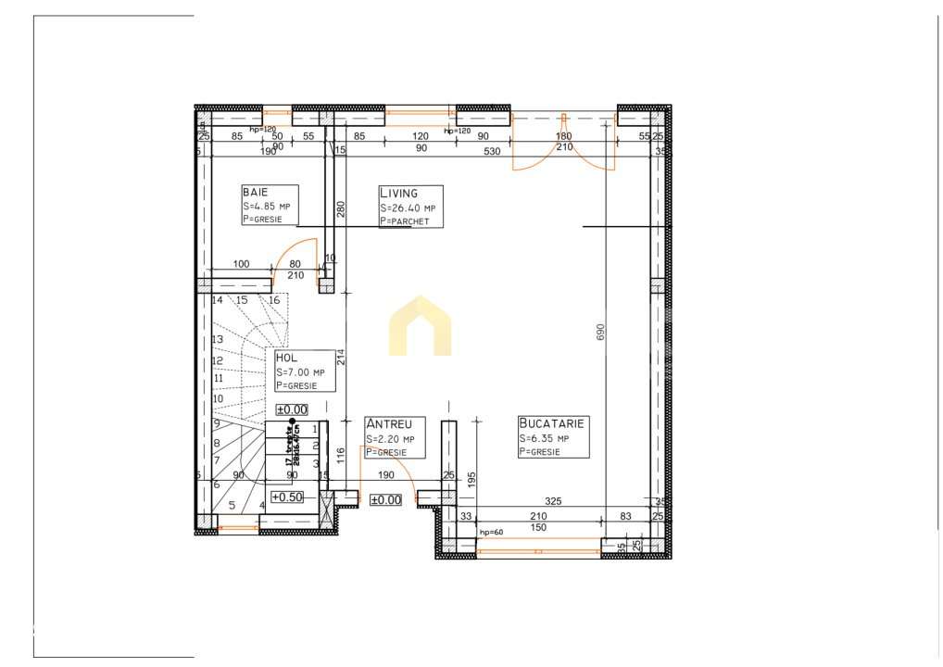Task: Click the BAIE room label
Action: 255,192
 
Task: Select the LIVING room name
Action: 398,193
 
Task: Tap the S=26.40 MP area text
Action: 407,208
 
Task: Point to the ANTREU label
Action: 388,424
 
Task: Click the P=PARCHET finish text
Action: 405,221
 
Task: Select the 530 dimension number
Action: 492,148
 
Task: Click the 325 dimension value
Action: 553,501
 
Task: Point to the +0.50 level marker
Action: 287,497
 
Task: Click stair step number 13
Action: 218,340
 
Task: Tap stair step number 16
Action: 274,300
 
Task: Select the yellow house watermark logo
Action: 420,326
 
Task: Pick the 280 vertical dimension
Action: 340,209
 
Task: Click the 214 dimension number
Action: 340,357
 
